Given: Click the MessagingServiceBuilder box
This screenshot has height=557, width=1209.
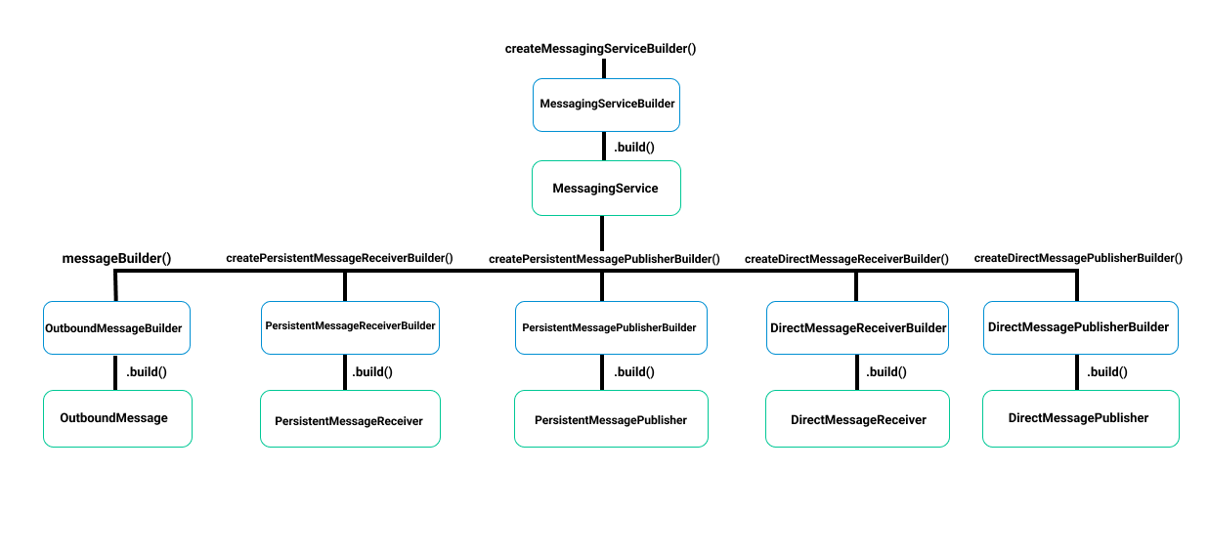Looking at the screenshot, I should point(606,105).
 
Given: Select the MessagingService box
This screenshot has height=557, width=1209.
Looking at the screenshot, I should point(606,188).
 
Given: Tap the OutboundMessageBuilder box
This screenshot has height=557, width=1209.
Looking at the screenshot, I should point(115,327).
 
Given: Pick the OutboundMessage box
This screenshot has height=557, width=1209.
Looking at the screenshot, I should point(117,418).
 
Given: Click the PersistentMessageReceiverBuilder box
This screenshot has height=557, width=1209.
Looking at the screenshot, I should point(350,326).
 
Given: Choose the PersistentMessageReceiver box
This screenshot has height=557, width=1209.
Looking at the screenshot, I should point(350,419).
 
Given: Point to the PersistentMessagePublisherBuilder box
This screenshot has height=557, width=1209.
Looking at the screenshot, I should point(610,327).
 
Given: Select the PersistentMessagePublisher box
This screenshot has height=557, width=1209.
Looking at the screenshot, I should point(611,419).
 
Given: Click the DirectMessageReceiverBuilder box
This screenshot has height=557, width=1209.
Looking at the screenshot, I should point(858,327).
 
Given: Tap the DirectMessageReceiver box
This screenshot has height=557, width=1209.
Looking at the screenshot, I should point(857,419).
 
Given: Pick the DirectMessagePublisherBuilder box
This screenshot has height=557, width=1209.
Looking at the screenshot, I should point(1079,327).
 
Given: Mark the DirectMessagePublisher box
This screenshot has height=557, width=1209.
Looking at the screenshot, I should point(1080,418).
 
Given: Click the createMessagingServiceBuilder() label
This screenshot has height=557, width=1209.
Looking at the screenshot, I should point(600,48).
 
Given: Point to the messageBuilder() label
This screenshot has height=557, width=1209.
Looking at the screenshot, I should point(116,258).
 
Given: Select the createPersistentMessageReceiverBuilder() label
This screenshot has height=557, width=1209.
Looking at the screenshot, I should point(339,258).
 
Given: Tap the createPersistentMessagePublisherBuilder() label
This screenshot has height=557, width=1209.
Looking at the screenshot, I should point(604,259).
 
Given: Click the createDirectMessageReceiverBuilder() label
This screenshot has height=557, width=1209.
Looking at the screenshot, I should point(846,259).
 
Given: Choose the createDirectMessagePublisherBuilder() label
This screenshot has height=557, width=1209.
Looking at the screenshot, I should point(1078,258).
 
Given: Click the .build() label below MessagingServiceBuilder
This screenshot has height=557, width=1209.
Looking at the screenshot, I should point(633,148).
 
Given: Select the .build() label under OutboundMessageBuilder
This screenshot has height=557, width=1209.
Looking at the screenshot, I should point(147,371).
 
